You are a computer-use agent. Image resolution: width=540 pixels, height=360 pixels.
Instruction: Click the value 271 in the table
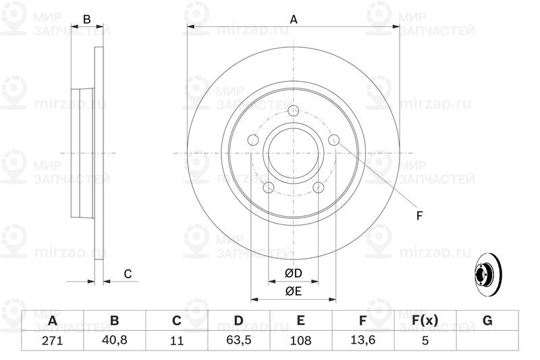point(53,340)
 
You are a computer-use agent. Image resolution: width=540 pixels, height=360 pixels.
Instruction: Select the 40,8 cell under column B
point(114,340)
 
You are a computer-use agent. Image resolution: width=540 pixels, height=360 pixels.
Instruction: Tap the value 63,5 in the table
point(238,340)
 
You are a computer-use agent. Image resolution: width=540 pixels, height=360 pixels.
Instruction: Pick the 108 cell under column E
point(300,340)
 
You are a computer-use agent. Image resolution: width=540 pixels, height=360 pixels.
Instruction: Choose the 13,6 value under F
point(362,340)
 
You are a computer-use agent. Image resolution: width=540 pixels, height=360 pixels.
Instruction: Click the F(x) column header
point(425,320)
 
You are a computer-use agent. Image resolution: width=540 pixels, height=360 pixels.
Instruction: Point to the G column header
point(487,320)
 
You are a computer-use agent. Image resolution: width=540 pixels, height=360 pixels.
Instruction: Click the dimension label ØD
point(294,273)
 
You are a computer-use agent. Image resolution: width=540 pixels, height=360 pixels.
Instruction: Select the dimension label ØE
point(294,292)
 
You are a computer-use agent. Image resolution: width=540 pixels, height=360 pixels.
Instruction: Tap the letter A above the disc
point(294,20)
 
